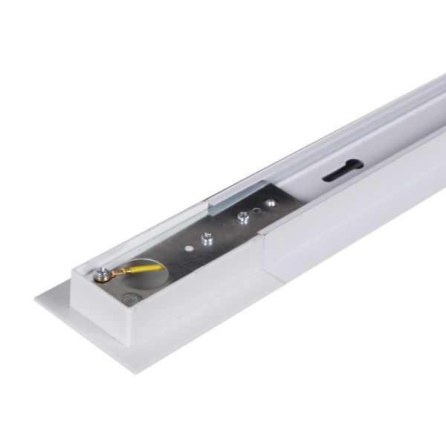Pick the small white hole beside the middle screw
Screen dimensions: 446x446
[x=189, y=245]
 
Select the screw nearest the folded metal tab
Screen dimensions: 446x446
[x=242, y=218]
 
